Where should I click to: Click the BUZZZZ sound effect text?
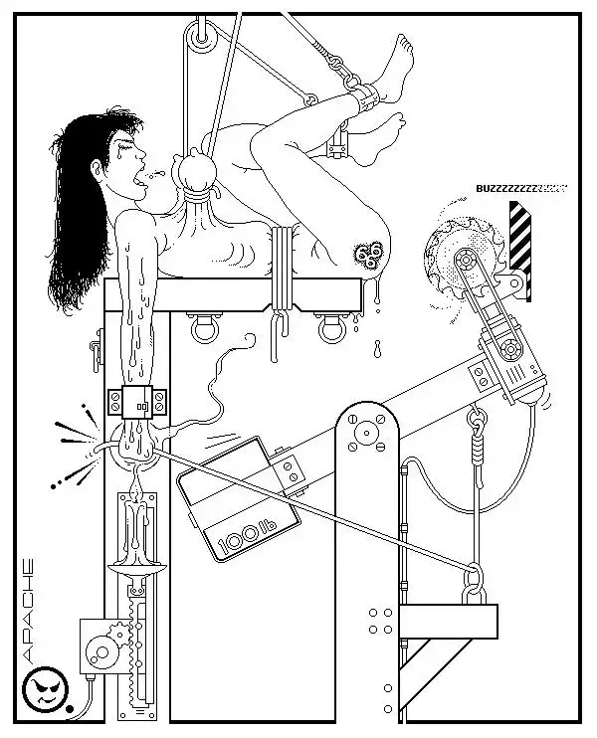521,189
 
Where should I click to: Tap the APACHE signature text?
28,611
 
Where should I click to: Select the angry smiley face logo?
46,688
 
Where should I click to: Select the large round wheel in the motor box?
102,652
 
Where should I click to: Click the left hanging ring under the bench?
205,329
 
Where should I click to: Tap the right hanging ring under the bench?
332,329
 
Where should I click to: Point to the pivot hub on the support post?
367,432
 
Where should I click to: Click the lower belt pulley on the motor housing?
509,349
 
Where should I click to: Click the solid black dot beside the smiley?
70,708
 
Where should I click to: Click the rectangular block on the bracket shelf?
448,622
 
